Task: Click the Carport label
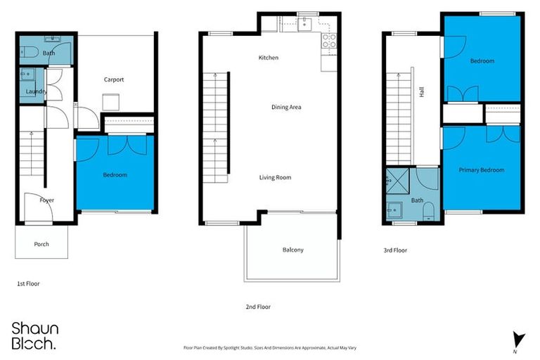coord(114,79)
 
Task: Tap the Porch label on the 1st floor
coord(41,245)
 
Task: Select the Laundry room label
coord(35,91)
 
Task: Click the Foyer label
coord(46,200)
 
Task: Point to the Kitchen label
coord(269,58)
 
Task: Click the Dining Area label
coord(286,108)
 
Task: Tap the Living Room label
coord(276,177)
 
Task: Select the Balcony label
coord(292,250)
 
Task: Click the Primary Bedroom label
coord(482,170)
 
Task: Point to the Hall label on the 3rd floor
coord(421,92)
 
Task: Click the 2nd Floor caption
coord(257,307)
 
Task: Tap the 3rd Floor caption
coord(395,250)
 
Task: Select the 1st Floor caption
coord(28,284)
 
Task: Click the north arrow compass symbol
coord(518,339)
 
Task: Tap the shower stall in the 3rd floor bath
coord(399,181)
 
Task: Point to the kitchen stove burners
coord(329,40)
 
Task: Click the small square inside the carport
coord(110,103)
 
